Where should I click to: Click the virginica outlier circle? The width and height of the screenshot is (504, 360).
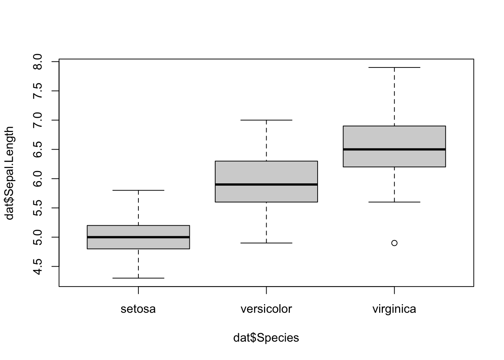click(x=394, y=243)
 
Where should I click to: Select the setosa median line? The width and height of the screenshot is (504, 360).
click(x=138, y=237)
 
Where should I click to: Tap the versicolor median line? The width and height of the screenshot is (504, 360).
click(x=266, y=184)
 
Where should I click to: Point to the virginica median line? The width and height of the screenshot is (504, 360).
click(x=394, y=149)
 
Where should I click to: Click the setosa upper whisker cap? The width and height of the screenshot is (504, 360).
click(x=138, y=190)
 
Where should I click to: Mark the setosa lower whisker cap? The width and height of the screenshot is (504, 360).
click(x=138, y=278)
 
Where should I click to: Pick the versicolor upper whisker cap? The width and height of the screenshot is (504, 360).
click(x=266, y=120)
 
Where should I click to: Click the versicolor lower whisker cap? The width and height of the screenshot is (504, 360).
click(x=266, y=243)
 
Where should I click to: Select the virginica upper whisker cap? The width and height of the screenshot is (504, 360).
click(x=394, y=67)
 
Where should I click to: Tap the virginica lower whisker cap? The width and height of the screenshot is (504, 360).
click(x=394, y=202)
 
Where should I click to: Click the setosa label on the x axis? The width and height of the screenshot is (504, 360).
click(x=138, y=309)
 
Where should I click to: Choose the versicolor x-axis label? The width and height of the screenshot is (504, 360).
click(x=266, y=309)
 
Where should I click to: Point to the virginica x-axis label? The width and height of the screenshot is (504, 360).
click(x=394, y=309)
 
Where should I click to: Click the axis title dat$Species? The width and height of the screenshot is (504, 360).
click(x=266, y=338)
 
